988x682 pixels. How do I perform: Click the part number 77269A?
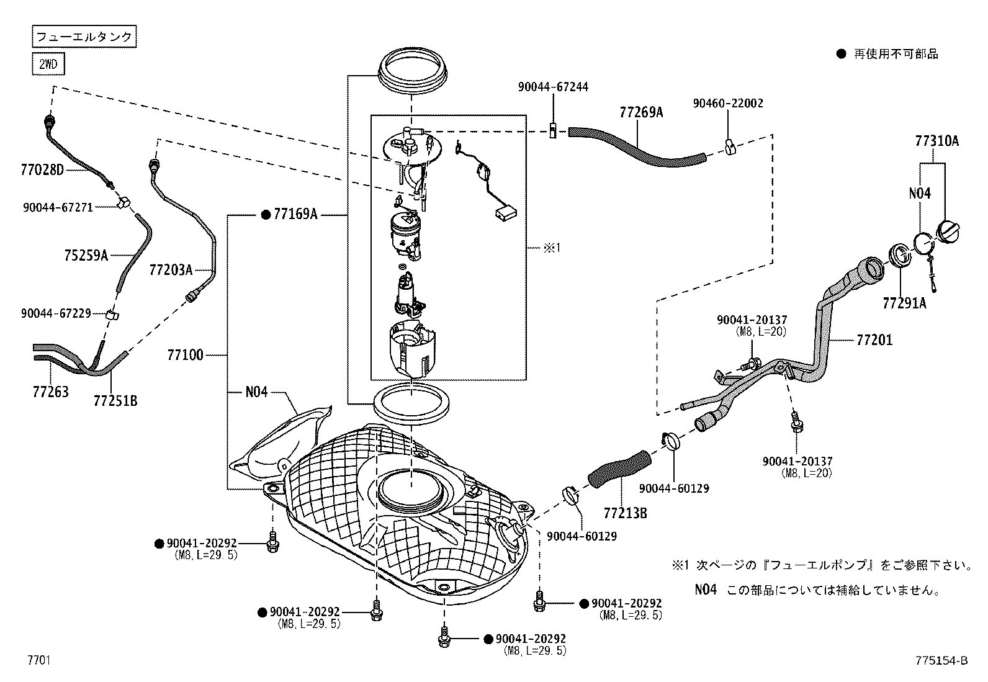pos(641,112)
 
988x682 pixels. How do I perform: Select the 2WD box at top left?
pos(48,64)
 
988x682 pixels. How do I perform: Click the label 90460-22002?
pos(728,104)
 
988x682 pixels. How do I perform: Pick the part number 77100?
pos(185,356)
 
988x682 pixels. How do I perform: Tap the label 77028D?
pos(42,169)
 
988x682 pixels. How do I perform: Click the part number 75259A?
pos(86,255)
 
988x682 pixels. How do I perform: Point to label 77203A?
pos(171,269)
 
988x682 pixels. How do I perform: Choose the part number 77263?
pos(50,392)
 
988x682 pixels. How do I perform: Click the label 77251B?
pos(115,401)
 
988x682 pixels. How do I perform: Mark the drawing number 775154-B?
pos(941,661)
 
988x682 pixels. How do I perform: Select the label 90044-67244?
pos(553,87)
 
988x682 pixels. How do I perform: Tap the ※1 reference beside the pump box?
pos(552,248)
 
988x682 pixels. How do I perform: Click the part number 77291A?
pos(904,302)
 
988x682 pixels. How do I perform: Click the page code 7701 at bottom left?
pos(38,660)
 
